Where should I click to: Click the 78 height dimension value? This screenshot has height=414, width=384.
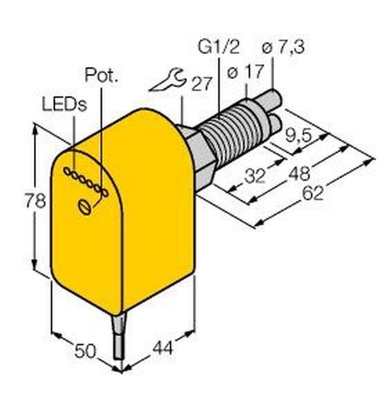(x=35, y=200)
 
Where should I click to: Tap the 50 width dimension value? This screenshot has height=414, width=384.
(x=85, y=351)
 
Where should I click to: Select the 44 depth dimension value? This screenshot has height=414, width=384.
(x=163, y=348)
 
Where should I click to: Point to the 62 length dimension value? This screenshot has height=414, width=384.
(x=313, y=193)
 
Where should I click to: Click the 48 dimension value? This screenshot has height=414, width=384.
(x=299, y=174)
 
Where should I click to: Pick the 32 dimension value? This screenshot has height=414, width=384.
(x=255, y=177)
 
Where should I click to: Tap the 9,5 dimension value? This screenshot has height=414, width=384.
(x=298, y=137)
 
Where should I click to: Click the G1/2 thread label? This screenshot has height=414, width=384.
(x=218, y=47)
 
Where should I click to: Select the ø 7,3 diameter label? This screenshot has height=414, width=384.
(x=283, y=48)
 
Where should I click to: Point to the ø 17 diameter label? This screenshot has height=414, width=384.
(x=245, y=71)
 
